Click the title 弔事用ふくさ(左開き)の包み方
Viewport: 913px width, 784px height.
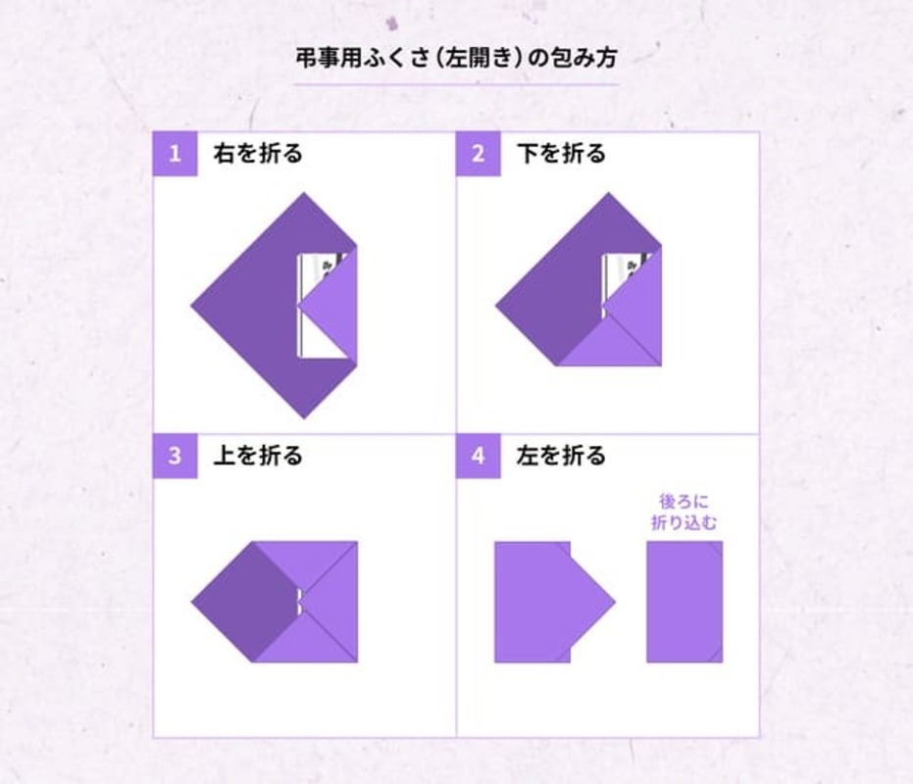457,57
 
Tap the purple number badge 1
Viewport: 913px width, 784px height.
176,154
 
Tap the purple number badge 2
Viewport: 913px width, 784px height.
479,154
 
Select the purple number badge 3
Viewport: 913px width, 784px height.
176,457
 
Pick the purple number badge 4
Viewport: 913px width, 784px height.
479,457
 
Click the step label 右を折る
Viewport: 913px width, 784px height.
258,154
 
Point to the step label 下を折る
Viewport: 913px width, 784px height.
561,154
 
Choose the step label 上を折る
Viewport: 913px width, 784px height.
258,457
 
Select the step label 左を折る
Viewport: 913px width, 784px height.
561,457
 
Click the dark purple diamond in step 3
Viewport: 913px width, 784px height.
245,600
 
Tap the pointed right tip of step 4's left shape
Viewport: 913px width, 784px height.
613,600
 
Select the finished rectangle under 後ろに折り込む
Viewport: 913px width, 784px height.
684,601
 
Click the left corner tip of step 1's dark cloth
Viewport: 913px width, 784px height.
193,306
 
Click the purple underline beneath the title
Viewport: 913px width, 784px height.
457,85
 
